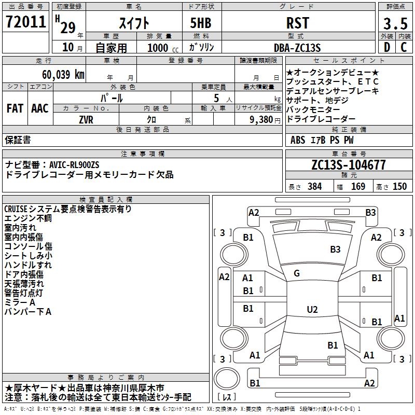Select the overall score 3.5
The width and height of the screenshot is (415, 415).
[395, 24]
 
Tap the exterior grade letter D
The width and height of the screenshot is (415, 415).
[386, 46]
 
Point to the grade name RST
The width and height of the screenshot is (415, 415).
[297, 23]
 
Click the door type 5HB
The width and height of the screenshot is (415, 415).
[198, 23]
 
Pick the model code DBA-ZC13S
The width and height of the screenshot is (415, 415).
[297, 47]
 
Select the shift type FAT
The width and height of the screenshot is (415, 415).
[15, 108]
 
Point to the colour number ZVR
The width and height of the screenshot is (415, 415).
[86, 119]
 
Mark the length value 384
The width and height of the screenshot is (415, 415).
[315, 187]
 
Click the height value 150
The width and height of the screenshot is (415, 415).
[400, 187]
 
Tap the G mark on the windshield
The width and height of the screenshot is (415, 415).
[297, 273]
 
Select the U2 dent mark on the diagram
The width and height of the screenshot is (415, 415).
[312, 310]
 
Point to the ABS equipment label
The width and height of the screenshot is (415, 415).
[298, 140]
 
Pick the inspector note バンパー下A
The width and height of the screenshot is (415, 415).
[28, 312]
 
